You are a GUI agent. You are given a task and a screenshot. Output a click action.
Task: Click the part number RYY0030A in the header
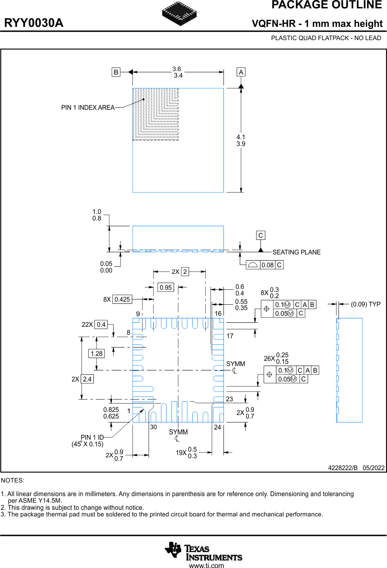click(x=34, y=23)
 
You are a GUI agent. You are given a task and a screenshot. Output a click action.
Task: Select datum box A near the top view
click(x=241, y=72)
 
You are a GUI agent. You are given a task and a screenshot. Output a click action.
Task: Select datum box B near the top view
click(x=115, y=72)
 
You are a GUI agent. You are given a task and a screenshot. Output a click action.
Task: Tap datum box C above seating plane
click(x=261, y=235)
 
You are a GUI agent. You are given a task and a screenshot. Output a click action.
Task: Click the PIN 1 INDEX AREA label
click(x=88, y=108)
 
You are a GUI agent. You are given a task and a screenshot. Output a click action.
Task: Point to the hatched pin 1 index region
click(x=155, y=114)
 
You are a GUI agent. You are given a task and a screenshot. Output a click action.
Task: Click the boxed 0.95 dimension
click(x=166, y=288)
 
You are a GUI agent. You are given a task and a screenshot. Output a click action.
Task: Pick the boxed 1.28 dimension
click(x=96, y=354)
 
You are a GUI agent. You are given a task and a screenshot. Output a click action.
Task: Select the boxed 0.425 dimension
click(x=122, y=299)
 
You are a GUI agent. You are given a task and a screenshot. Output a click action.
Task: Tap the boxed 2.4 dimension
click(x=87, y=379)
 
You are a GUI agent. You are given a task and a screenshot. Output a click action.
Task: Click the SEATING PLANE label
click(x=296, y=252)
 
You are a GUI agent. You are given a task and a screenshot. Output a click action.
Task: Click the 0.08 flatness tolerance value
click(x=268, y=265)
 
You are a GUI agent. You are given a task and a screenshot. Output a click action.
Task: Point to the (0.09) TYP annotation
click(x=365, y=304)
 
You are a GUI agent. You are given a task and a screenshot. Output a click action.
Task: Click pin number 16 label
click(x=218, y=314)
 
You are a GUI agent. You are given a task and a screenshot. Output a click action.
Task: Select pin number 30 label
click(x=153, y=427)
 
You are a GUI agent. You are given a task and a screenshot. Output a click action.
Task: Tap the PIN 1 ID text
click(x=92, y=438)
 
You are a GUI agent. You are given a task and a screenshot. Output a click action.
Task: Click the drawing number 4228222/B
click(x=342, y=467)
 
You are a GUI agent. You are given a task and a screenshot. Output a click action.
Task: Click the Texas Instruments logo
click(x=203, y=551)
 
